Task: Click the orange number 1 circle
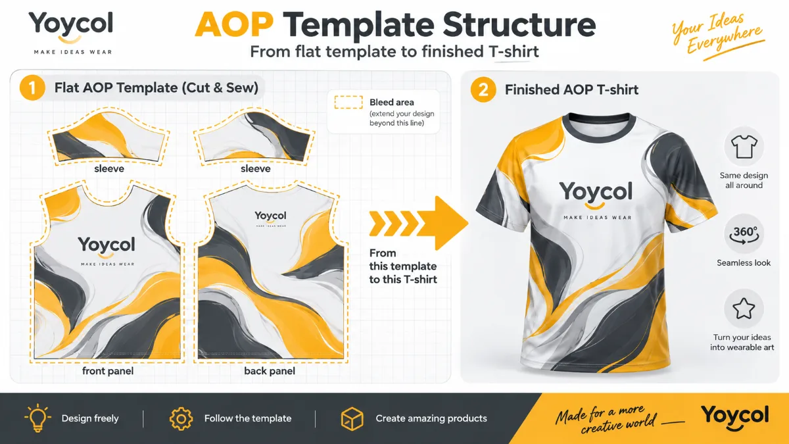[32, 87]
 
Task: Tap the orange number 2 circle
[483, 89]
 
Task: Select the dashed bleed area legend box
[348, 102]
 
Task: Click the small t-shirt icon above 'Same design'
[744, 146]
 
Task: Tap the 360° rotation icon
[744, 235]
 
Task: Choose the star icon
[744, 308]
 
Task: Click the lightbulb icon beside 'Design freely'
[37, 418]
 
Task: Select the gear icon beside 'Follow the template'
[181, 419]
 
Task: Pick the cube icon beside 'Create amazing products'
[352, 419]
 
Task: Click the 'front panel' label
[108, 371]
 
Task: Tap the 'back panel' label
[270, 371]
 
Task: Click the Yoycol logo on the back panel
[270, 218]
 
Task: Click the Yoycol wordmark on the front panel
[107, 245]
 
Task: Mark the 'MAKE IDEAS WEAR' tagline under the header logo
[73, 52]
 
